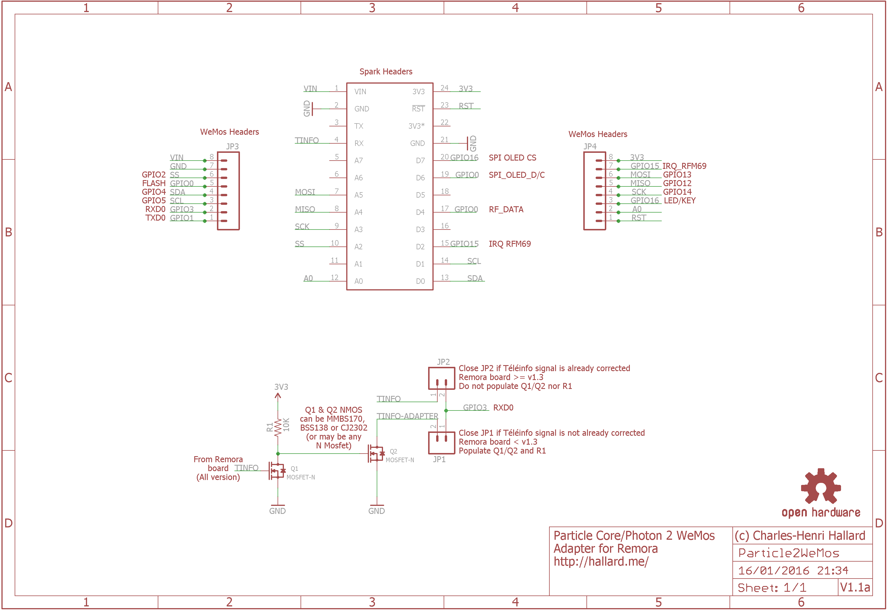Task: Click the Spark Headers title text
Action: [386, 72]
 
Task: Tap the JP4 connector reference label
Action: [590, 146]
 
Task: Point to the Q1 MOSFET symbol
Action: [277, 471]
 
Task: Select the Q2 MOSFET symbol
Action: [376, 454]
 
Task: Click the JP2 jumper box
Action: [441, 378]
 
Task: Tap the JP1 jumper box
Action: [441, 443]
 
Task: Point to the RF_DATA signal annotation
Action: [506, 209]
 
